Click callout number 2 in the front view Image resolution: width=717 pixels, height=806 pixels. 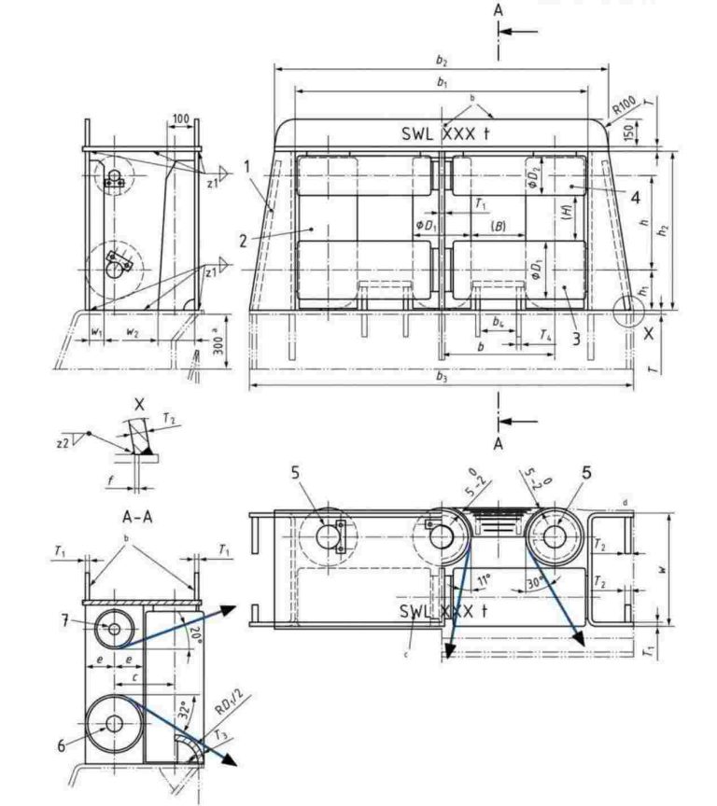click(243, 241)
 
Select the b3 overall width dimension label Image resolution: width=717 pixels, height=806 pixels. click(442, 378)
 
